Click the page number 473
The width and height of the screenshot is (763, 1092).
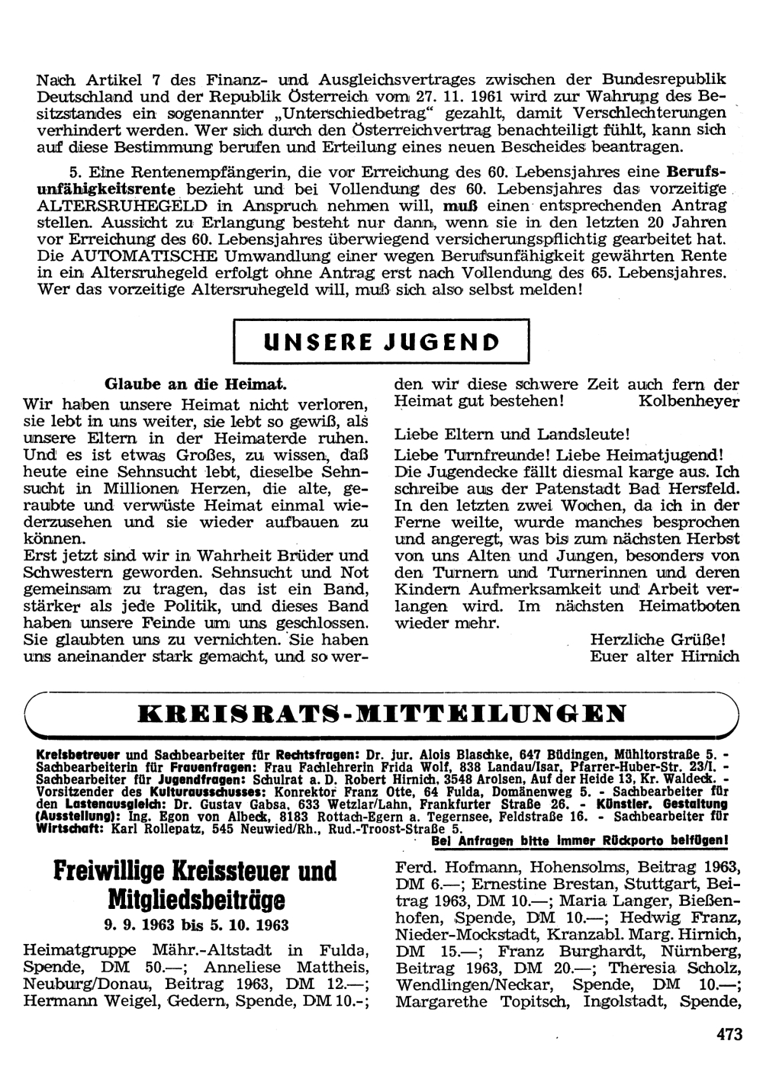(729, 1035)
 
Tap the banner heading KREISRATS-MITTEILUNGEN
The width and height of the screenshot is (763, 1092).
(382, 714)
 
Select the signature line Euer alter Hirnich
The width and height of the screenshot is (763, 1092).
(664, 656)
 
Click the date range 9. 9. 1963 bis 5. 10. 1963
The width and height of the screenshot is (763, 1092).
(196, 926)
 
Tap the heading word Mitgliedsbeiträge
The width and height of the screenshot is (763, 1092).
(196, 901)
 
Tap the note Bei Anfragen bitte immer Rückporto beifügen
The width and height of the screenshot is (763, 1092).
(579, 841)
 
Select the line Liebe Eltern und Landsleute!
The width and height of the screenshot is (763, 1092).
(511, 435)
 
